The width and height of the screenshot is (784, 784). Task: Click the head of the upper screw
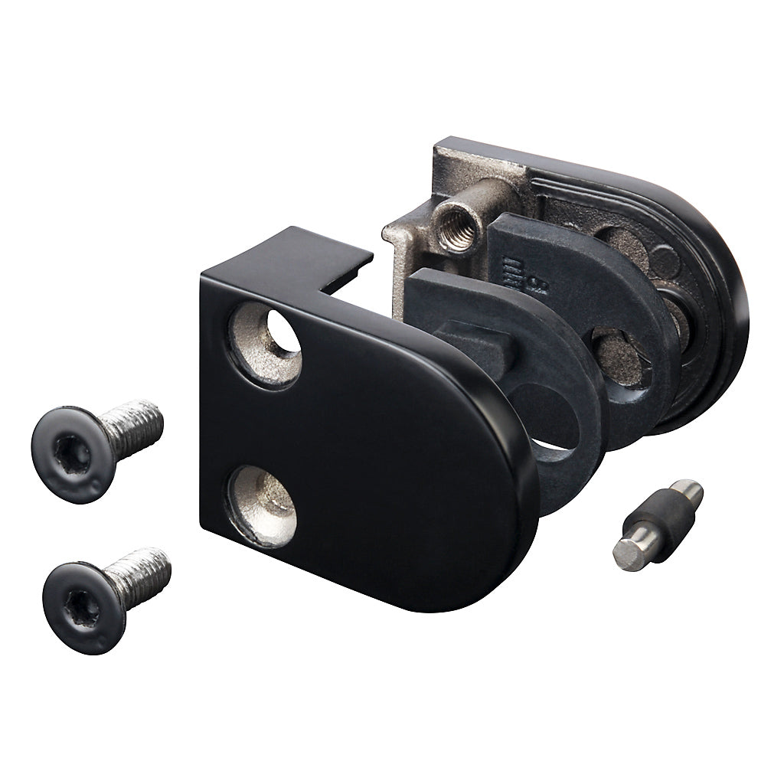pyautogui.click(x=72, y=454)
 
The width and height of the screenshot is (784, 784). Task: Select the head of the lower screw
pyautogui.click(x=81, y=607)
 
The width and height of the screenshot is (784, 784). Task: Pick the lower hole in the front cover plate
pyautogui.click(x=264, y=505)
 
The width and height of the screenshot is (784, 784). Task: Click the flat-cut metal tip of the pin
pyautogui.click(x=629, y=552)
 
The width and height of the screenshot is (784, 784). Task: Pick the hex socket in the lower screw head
pyautogui.click(x=81, y=609)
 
